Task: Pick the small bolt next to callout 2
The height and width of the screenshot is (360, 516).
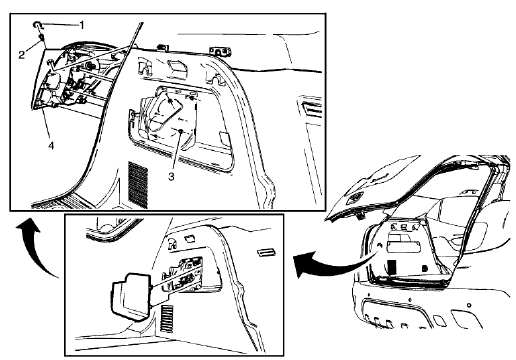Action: [41, 37]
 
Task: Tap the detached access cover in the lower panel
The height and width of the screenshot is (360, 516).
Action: [126, 297]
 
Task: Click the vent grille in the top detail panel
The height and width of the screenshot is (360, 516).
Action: [138, 181]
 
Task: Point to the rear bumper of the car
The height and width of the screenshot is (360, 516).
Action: [420, 315]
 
